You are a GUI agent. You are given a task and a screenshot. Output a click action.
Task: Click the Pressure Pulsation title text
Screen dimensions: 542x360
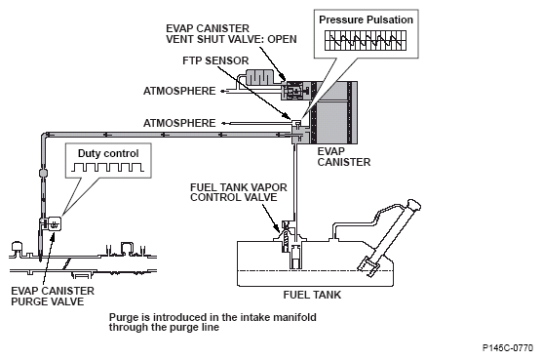pyautogui.click(x=366, y=20)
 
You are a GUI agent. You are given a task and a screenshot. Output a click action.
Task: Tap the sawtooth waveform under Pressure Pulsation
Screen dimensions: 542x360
pyautogui.click(x=366, y=40)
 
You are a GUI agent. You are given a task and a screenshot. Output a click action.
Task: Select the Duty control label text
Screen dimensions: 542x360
pyautogui.click(x=108, y=153)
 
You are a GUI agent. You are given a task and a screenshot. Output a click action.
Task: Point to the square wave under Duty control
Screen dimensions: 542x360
pyautogui.click(x=107, y=168)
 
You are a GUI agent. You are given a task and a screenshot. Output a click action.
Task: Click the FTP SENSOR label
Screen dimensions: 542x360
pyautogui.click(x=215, y=60)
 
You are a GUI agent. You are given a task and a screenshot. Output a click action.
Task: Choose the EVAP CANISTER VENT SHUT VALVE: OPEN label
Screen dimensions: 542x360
pyautogui.click(x=231, y=34)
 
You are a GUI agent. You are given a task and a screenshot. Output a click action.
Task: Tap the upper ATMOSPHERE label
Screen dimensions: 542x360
pyautogui.click(x=179, y=91)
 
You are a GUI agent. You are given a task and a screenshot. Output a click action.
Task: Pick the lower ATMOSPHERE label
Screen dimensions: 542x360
pyautogui.click(x=179, y=123)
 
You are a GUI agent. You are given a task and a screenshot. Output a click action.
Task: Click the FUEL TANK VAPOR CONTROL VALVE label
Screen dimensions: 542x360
pyautogui.click(x=239, y=192)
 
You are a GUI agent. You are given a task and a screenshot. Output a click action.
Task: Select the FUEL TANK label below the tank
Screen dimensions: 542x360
pyautogui.click(x=312, y=295)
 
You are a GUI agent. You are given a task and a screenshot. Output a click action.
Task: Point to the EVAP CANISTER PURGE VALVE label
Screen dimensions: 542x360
pyautogui.click(x=53, y=297)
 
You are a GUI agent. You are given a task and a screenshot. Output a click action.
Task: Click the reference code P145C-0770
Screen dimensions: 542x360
pyautogui.click(x=508, y=348)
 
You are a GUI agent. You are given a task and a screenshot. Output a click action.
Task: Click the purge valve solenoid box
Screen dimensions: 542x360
pyautogui.click(x=55, y=223)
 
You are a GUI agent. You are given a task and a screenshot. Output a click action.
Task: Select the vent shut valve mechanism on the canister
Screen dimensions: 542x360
pyautogui.click(x=294, y=91)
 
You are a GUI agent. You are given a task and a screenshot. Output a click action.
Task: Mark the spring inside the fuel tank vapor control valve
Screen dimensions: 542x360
pyautogui.click(x=286, y=239)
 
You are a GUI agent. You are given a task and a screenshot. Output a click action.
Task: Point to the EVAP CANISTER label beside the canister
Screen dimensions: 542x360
pyautogui.click(x=343, y=157)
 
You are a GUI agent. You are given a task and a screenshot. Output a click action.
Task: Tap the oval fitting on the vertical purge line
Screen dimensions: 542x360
pyautogui.click(x=43, y=173)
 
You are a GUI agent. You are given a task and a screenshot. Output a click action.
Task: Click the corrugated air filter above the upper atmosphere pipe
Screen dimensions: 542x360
pyautogui.click(x=258, y=78)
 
